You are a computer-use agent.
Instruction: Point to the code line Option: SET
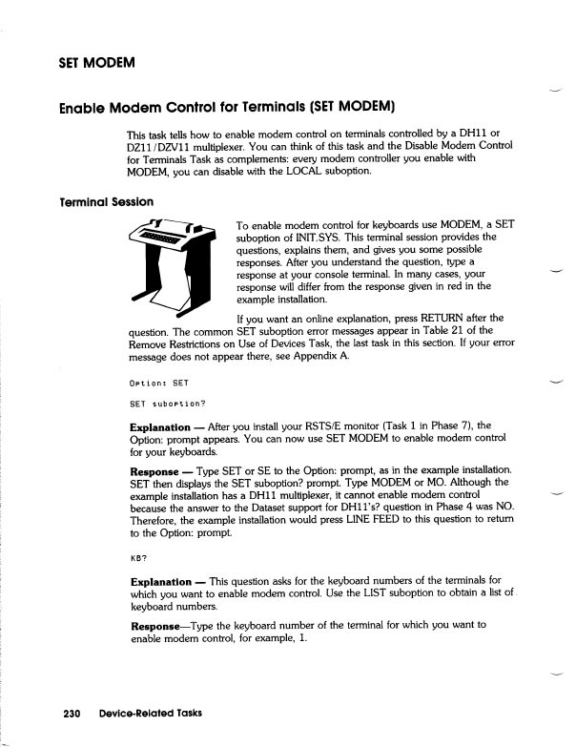click(x=158, y=384)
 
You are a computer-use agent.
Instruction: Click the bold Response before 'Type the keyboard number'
click(x=155, y=625)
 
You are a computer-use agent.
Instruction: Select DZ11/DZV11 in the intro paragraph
click(x=168, y=146)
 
